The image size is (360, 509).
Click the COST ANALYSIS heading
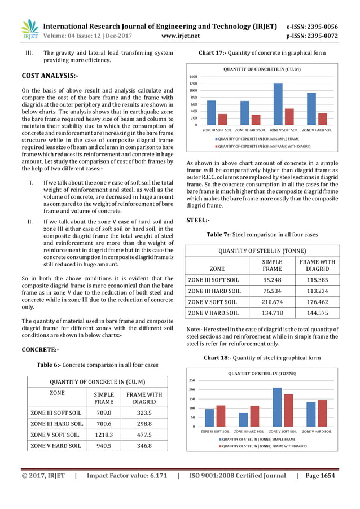click(x=49, y=74)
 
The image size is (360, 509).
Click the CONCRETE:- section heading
click(x=40, y=350)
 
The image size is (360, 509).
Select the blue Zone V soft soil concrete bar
click(x=278, y=104)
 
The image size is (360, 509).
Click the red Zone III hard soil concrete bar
click(x=256, y=120)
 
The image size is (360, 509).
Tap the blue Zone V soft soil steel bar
click(x=277, y=407)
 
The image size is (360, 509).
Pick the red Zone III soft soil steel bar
click(x=220, y=416)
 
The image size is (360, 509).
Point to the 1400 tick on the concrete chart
click(x=193, y=77)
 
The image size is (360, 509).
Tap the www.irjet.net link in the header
click(x=180, y=36)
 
